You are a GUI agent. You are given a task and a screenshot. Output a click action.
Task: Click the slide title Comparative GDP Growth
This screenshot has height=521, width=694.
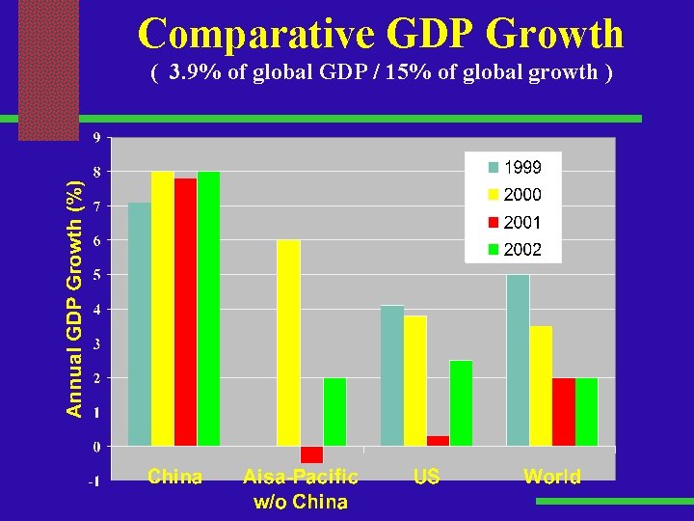(382, 33)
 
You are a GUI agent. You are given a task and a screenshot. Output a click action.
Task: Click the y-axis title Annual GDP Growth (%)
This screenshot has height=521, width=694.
(74, 290)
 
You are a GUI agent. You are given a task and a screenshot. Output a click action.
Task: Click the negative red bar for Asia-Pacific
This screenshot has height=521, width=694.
(311, 454)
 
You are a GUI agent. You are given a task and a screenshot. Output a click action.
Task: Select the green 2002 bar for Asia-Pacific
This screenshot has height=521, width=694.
(334, 412)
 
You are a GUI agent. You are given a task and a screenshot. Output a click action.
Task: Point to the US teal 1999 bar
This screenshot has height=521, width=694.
(392, 375)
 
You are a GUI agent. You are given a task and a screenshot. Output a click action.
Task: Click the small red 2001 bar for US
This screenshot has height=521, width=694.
(438, 441)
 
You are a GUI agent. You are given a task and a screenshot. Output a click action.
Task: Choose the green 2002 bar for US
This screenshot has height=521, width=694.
(461, 403)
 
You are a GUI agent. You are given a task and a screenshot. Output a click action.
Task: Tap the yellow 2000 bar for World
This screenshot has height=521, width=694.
(541, 386)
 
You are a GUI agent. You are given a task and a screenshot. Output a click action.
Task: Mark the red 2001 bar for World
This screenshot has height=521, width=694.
(564, 412)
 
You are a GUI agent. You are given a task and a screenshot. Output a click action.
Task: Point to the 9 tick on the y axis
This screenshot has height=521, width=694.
(95, 137)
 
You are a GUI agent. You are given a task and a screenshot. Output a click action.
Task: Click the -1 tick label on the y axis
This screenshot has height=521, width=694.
(93, 482)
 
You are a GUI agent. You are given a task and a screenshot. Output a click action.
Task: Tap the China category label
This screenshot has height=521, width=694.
(174, 477)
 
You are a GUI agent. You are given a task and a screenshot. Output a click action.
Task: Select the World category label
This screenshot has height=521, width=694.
(552, 477)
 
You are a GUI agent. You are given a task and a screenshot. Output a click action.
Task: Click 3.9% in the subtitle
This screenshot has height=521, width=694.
(196, 73)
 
